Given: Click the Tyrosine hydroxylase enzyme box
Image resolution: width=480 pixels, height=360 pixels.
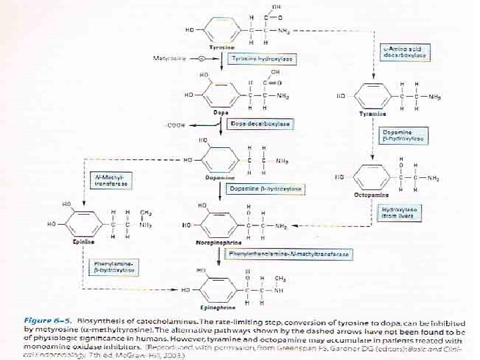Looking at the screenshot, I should coord(262,59).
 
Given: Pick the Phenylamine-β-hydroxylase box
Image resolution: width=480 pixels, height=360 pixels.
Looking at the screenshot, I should coord(107,267).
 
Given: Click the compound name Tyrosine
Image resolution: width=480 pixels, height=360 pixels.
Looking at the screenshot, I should coord(221,48).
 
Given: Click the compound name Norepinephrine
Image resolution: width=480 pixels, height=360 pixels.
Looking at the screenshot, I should coord(220,243).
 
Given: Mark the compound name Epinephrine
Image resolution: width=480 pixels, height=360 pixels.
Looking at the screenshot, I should coord(219,308).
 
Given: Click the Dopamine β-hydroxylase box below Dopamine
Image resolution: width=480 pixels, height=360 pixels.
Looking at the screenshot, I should coord(266,189).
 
